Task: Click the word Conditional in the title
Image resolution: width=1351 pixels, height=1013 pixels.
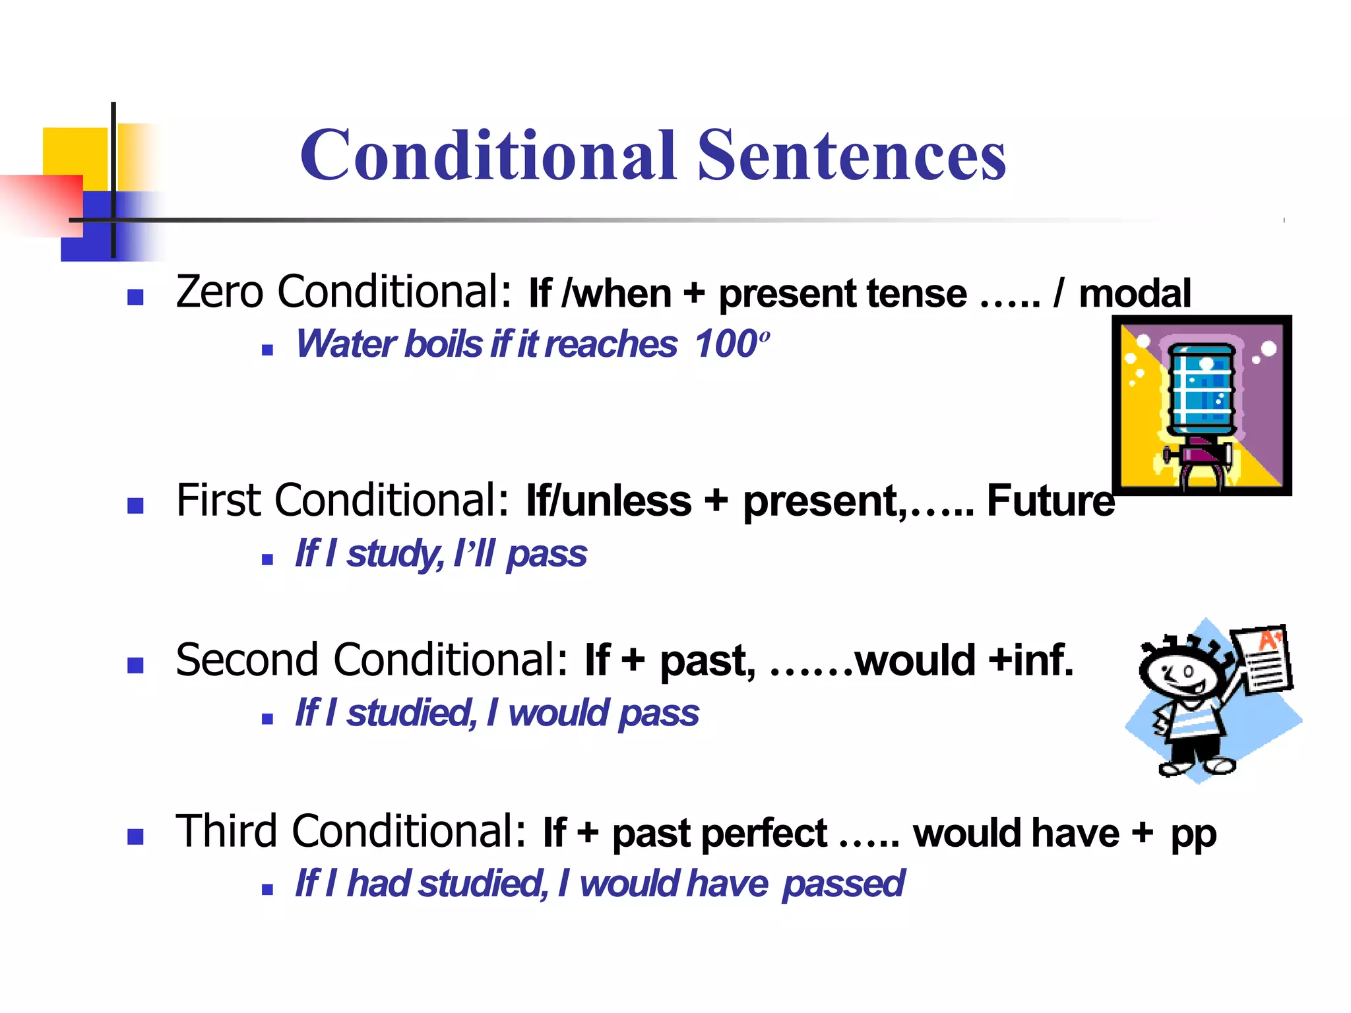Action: pyautogui.click(x=488, y=155)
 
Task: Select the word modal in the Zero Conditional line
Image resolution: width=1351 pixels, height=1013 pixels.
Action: pyautogui.click(x=1135, y=293)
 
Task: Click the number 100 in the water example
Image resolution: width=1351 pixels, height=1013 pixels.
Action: pyautogui.click(x=726, y=344)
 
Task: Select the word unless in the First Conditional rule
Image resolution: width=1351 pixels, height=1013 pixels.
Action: pyautogui.click(x=627, y=501)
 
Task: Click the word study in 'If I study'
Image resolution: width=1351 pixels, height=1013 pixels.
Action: pyautogui.click(x=394, y=554)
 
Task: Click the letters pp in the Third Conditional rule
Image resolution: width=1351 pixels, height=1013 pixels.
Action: pyautogui.click(x=1193, y=834)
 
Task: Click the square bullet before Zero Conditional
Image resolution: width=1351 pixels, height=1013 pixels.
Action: pyautogui.click(x=135, y=297)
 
